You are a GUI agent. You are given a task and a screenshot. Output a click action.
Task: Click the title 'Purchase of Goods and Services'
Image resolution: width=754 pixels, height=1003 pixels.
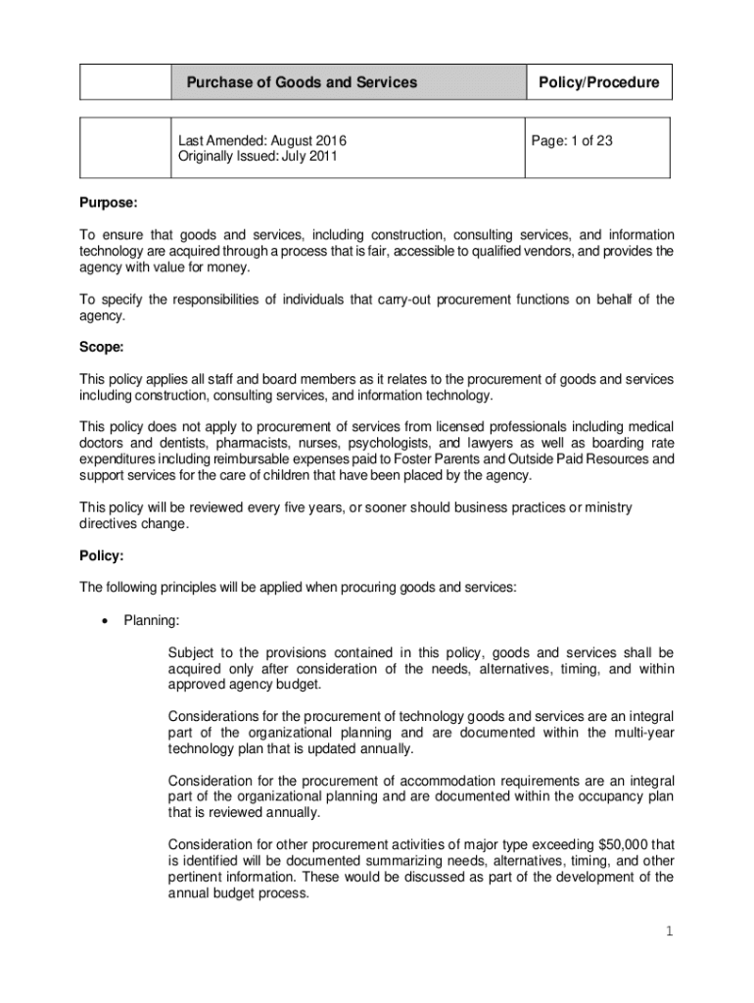tap(302, 83)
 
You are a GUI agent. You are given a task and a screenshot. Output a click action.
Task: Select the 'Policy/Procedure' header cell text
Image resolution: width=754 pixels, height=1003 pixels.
tap(599, 83)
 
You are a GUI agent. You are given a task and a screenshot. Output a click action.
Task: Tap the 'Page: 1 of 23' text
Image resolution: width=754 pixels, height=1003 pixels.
tap(572, 141)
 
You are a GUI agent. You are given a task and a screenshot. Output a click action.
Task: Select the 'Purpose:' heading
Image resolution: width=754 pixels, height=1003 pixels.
tap(108, 205)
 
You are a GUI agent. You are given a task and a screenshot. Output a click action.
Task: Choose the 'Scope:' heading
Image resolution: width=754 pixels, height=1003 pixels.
tap(102, 348)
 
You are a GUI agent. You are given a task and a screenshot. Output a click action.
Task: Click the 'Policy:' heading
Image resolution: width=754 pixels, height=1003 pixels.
tap(102, 556)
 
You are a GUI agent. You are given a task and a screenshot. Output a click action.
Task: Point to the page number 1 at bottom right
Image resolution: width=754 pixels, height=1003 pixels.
tap(670, 931)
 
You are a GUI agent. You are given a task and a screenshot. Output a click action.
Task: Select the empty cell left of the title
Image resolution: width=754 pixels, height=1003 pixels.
tap(125, 83)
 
